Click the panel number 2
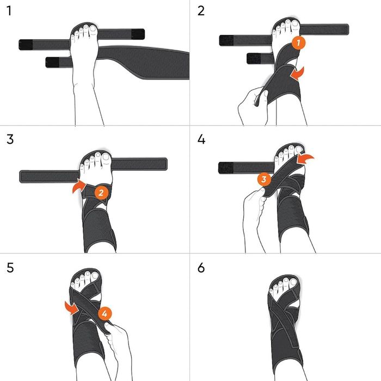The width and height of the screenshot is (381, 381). tap(201, 10)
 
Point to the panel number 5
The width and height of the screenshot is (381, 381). tap(8, 267)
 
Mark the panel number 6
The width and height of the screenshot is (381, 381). tap(202, 267)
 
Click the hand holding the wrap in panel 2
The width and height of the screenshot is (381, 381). tap(251, 106)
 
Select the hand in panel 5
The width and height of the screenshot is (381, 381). tap(117, 343)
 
